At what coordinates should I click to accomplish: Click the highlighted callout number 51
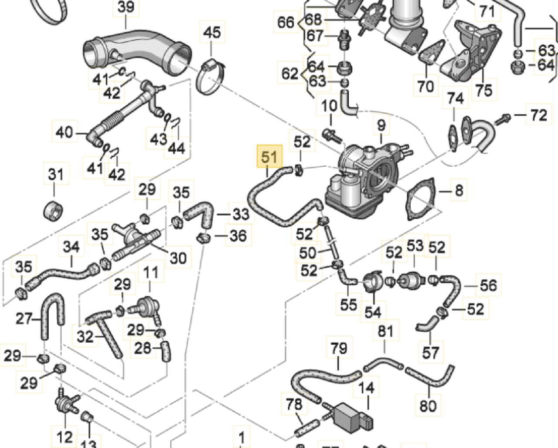click(269, 156)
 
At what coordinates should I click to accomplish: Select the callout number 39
click(126, 7)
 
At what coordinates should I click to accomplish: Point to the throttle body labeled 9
click(368, 179)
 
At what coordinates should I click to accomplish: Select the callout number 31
click(56, 174)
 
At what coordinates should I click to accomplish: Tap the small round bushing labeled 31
click(53, 211)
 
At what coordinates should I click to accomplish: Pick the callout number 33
click(241, 214)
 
